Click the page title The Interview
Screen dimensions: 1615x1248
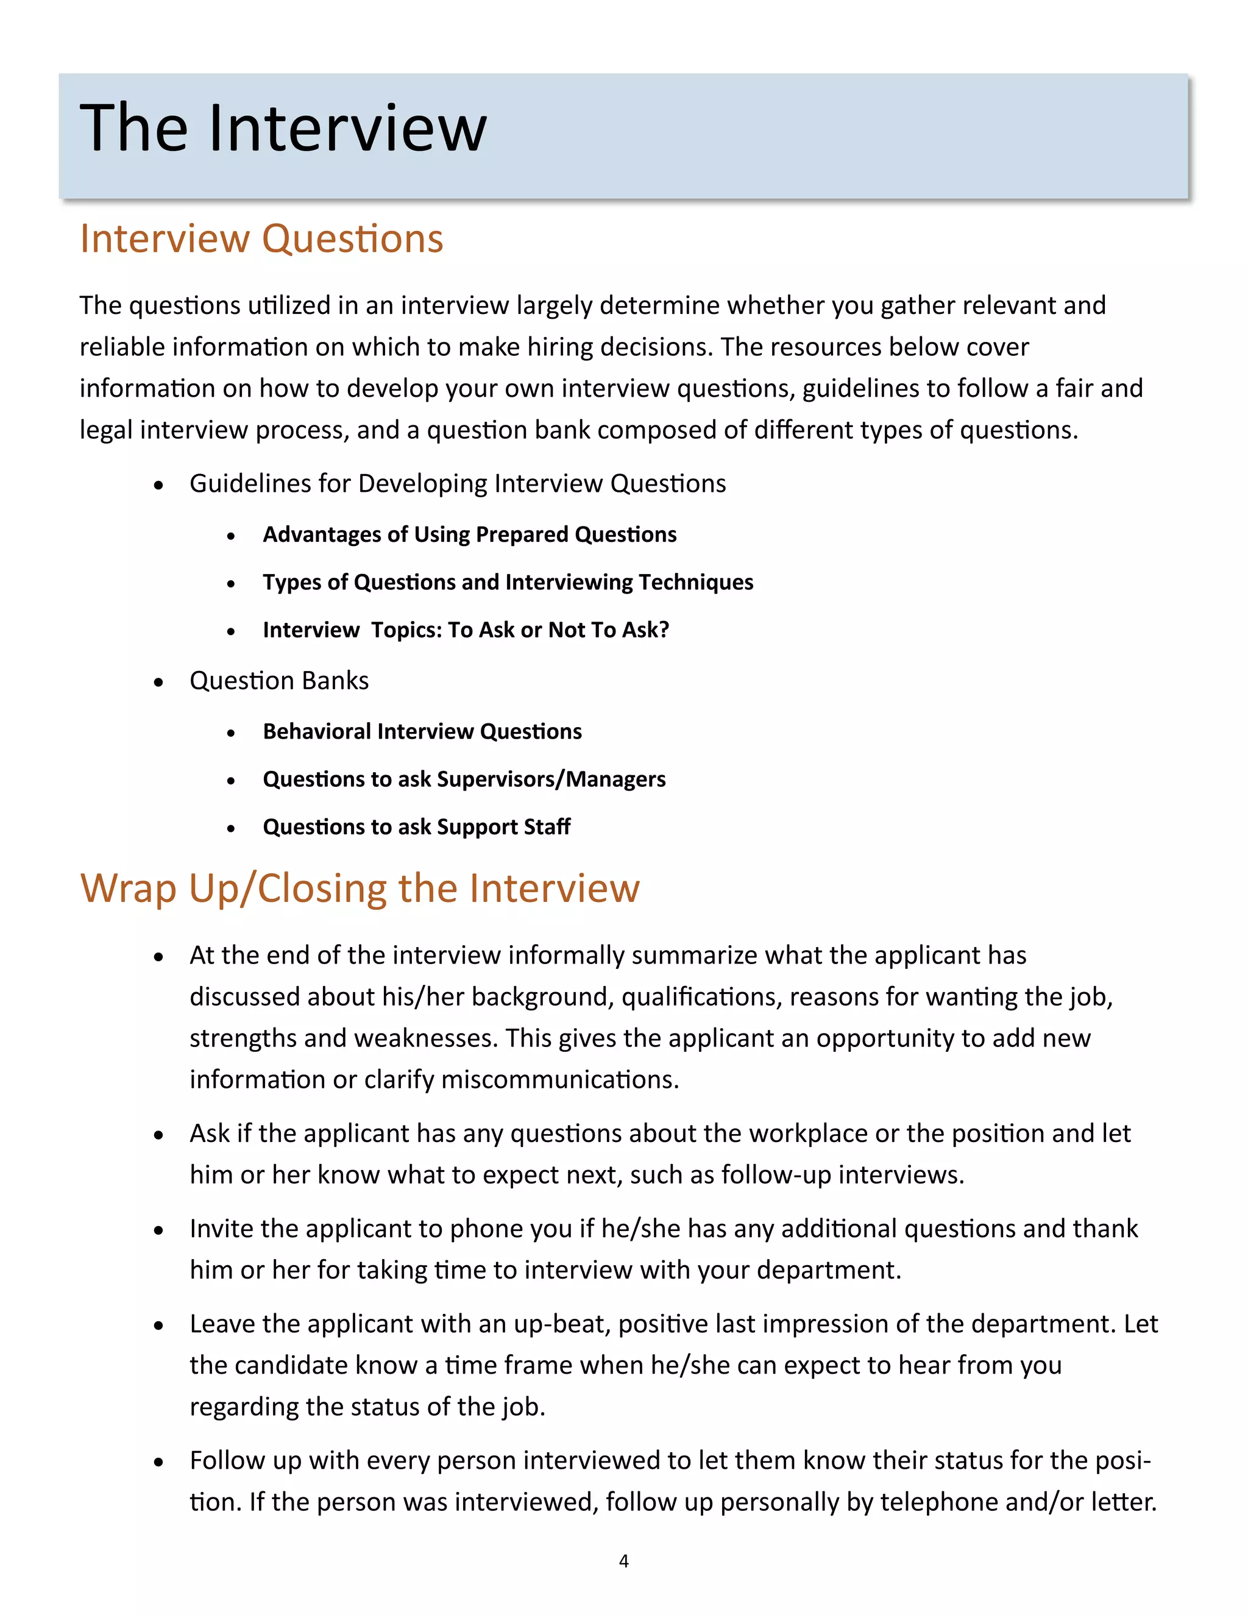pos(283,129)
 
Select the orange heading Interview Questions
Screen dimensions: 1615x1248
pos(261,239)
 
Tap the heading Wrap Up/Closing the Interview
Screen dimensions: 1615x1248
pos(360,888)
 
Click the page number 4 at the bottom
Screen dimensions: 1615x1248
pos(623,1561)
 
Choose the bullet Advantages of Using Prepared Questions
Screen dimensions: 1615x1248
pos(469,534)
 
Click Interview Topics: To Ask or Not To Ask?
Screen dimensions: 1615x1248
pos(466,630)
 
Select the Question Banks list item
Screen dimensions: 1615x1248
pos(278,680)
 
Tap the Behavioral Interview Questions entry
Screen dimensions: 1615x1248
pos(422,731)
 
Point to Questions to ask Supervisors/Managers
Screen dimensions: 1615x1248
pos(464,779)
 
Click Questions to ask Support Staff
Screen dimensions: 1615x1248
pos(416,827)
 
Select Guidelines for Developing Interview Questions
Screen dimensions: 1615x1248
pos(458,484)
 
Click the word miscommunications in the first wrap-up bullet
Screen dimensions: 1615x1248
pos(559,1080)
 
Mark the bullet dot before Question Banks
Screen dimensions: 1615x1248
pos(158,682)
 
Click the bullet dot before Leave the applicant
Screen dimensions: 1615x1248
pos(158,1325)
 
